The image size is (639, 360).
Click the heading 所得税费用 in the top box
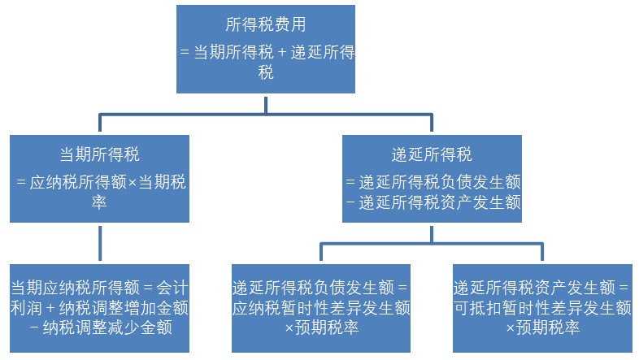pyautogui.click(x=266, y=26)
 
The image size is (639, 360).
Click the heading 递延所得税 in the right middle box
pyautogui.click(x=432, y=154)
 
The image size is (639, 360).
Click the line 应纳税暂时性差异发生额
pyautogui.click(x=321, y=308)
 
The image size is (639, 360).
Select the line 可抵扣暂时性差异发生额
pyautogui.click(x=541, y=308)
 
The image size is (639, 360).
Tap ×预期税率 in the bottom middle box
pyautogui.click(x=321, y=328)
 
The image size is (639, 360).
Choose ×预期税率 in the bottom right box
pyautogui.click(x=541, y=328)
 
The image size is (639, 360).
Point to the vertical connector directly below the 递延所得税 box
pyautogui.click(x=432, y=232)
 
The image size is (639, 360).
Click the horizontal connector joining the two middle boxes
pyautogui.click(x=266, y=115)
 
